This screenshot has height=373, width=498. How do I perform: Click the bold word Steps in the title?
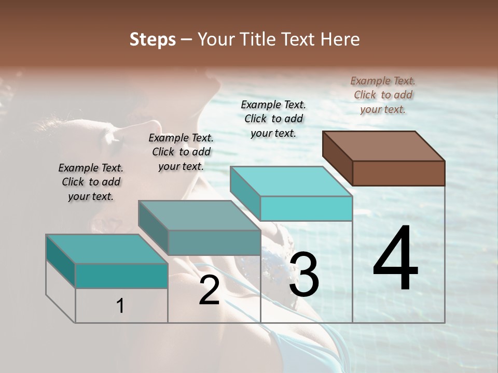pos(153,39)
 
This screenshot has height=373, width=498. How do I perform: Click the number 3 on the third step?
pos(304,275)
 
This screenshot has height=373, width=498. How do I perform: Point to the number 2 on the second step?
pos(209,291)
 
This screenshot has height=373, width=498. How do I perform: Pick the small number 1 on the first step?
pos(120,306)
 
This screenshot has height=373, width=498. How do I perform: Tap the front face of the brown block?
pos(398,173)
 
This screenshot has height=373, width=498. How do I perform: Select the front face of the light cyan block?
pos(306,208)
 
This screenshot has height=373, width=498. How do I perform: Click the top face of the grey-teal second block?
pos(199,216)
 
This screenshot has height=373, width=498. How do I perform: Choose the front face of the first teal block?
pos(121,276)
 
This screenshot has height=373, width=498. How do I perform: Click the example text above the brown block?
pos(383,95)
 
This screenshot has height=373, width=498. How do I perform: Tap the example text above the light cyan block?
pos(273,119)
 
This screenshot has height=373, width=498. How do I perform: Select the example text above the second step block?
pos(181,152)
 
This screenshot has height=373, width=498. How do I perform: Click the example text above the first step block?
pos(91,182)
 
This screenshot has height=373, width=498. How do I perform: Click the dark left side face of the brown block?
pos(337,157)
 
